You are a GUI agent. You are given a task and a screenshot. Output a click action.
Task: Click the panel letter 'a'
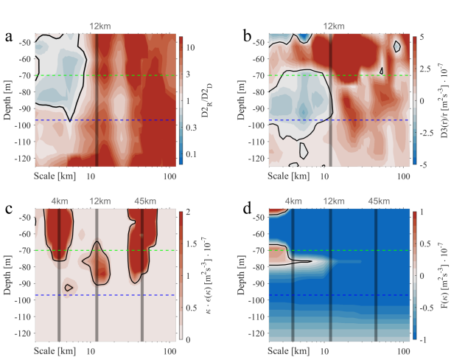(x=9, y=38)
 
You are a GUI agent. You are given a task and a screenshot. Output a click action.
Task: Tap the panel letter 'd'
(x=248, y=209)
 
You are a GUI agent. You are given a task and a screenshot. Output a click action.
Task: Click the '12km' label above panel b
(x=334, y=27)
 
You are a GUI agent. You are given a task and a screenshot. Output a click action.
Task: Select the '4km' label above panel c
(x=60, y=201)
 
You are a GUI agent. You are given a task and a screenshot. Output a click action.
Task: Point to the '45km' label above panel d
(x=379, y=201)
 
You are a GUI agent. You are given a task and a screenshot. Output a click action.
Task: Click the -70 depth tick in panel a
(x=24, y=76)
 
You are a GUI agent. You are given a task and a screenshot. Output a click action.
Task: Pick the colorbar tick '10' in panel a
(x=190, y=47)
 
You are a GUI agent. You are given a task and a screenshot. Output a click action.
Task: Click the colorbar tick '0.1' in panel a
(x=191, y=154)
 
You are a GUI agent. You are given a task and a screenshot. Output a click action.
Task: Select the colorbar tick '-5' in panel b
(x=422, y=165)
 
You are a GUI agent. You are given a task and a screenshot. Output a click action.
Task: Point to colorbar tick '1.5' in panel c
(x=192, y=244)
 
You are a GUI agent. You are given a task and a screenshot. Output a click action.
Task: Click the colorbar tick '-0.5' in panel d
(x=426, y=308)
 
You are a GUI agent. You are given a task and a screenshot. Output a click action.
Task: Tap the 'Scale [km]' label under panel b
(x=288, y=176)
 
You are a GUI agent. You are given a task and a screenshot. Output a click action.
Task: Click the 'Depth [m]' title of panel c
(x=7, y=275)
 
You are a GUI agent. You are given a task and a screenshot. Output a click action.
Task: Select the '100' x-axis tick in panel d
(x=403, y=352)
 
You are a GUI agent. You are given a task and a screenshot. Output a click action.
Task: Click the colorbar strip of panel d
(x=414, y=275)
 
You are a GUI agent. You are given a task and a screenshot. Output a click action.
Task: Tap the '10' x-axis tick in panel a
(x=91, y=176)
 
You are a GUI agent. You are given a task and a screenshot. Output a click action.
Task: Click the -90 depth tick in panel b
(x=258, y=109)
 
